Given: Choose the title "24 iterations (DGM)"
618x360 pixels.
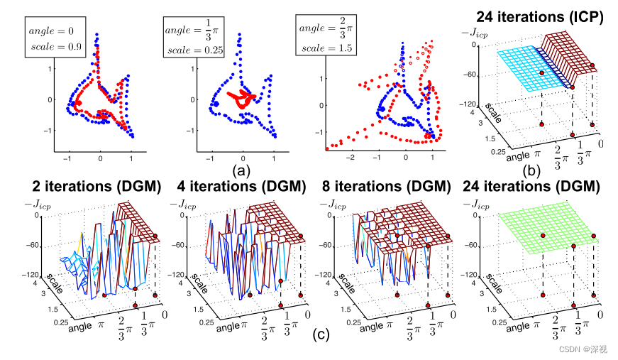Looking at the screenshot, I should (529, 187).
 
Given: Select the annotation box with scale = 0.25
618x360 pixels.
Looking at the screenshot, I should (193, 38).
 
